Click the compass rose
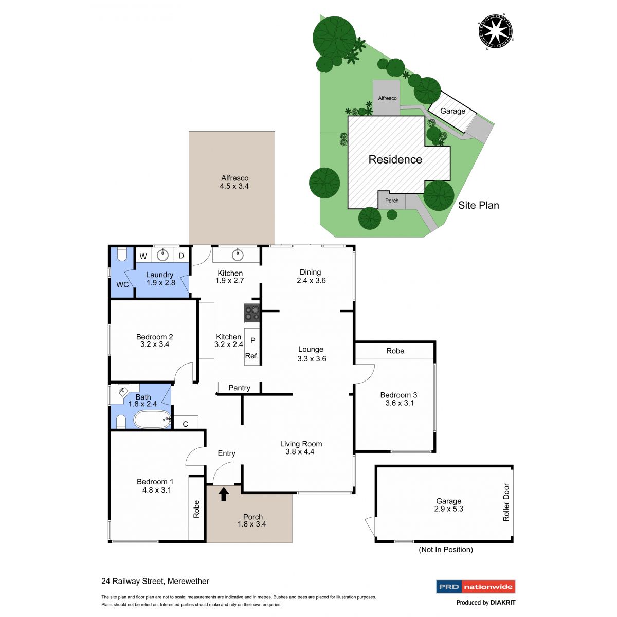tap(495, 32)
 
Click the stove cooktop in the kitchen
tap(251, 313)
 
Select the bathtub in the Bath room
tap(152, 419)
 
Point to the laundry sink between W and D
tap(162, 255)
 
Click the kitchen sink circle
tap(238, 255)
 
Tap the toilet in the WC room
tap(122, 253)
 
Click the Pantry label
tap(239, 388)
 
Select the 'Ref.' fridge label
tap(251, 356)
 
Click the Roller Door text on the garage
tap(506, 502)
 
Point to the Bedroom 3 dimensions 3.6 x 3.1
tap(400, 403)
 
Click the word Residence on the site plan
tap(395, 159)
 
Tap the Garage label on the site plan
tap(453, 111)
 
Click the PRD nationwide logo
tap(476, 587)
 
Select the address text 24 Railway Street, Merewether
tap(155, 581)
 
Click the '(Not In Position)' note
tap(446, 550)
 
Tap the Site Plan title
tap(478, 205)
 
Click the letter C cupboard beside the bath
tap(186, 424)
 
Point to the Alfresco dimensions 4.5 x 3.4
tap(234, 186)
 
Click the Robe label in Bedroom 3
tap(395, 351)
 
